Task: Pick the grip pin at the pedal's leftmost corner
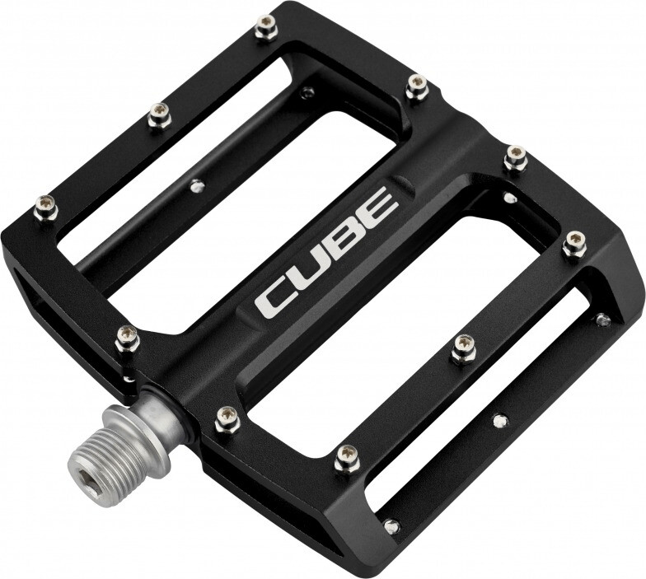46,208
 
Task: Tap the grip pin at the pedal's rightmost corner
573,244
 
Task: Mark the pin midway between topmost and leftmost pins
159,117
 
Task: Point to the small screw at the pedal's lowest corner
392,525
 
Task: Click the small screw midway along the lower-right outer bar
499,421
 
